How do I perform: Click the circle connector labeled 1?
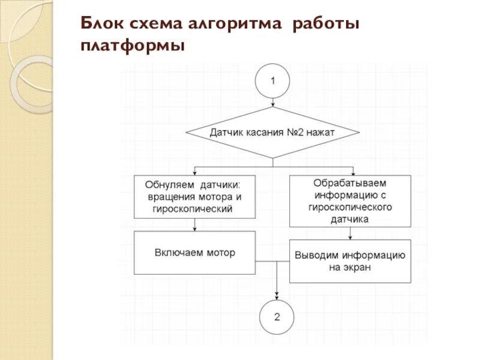click(x=273, y=82)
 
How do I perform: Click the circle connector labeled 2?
click(x=277, y=317)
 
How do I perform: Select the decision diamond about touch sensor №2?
click(x=273, y=132)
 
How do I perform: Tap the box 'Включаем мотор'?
click(x=195, y=253)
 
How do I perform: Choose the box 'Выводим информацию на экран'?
click(x=350, y=261)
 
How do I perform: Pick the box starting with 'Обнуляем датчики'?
click(x=195, y=196)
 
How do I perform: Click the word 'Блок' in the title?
click(x=103, y=25)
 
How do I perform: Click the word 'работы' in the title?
click(x=326, y=25)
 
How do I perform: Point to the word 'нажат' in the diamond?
click(x=320, y=132)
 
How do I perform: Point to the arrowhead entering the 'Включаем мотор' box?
click(x=195, y=229)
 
